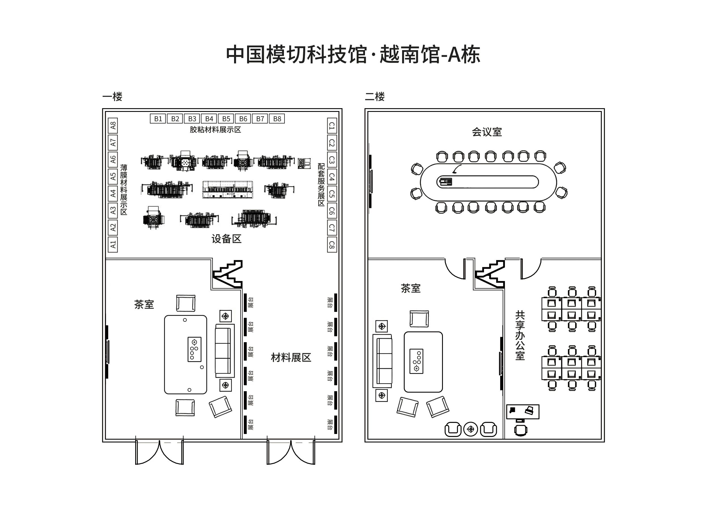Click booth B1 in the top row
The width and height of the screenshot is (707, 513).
coord(158,119)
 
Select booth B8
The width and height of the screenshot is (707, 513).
coord(277,119)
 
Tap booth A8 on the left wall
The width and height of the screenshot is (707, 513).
coord(113,125)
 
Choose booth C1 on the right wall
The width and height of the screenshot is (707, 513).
coord(332,125)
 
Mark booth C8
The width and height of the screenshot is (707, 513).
coord(332,245)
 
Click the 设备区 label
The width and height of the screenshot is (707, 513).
coord(226,239)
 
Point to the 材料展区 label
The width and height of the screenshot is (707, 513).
coord(291,357)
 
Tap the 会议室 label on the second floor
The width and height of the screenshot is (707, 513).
coord(487,132)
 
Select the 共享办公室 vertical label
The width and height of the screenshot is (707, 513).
coord(520,335)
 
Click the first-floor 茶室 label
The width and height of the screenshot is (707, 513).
coord(144,305)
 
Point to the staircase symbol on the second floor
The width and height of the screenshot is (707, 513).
coord(490,274)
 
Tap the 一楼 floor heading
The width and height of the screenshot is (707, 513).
coord(112,97)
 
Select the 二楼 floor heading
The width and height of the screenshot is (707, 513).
coord(375,97)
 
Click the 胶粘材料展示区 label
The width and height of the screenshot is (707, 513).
coord(215,130)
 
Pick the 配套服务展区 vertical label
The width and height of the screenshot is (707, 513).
coord(321,184)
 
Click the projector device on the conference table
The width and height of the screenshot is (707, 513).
coord(445,181)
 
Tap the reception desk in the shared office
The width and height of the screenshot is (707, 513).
coord(523,412)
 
